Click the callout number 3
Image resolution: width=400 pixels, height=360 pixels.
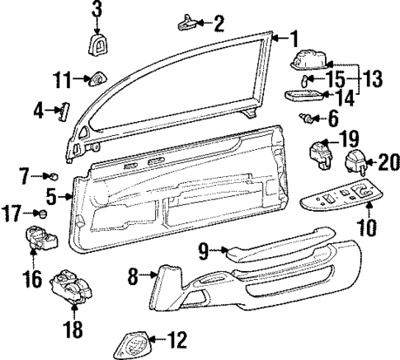tap(96, 11)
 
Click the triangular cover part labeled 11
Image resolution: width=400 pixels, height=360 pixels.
tap(96, 79)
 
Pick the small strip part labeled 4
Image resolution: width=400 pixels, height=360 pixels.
tap(62, 111)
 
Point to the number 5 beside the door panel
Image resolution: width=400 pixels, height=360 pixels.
tap(50, 197)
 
